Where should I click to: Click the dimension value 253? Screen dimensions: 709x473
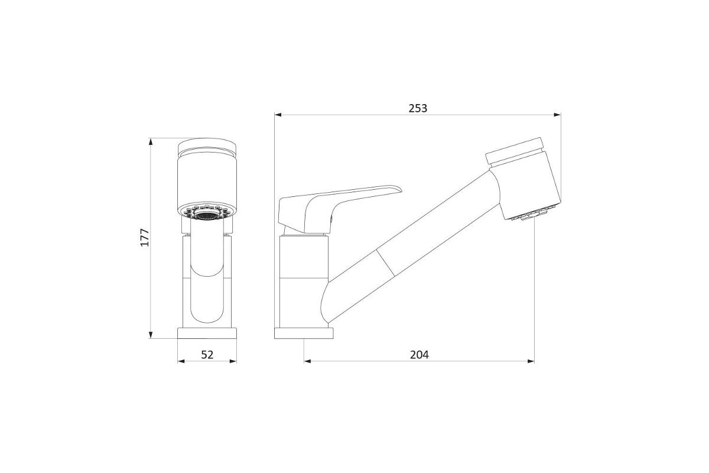(418, 109)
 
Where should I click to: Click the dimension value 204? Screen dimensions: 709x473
(419, 355)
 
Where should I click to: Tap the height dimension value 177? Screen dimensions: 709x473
(145, 237)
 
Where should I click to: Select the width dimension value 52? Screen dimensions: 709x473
(207, 355)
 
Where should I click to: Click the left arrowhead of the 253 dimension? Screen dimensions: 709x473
(278, 115)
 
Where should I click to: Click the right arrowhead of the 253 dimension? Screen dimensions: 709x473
(557, 115)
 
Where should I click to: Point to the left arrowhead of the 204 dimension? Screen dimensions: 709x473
(307, 361)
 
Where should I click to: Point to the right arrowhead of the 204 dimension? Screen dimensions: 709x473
(531, 361)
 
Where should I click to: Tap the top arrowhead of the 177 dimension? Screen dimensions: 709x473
(151, 142)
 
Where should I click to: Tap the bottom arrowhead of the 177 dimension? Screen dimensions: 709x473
(151, 335)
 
